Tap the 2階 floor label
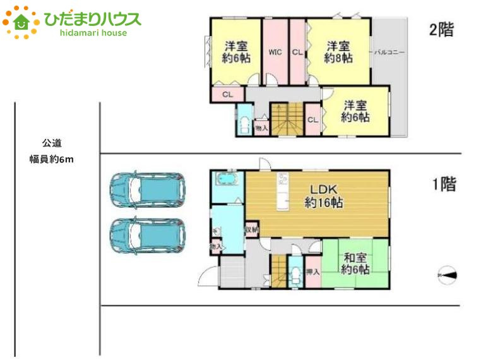click(441, 30)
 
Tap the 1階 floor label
click(443, 184)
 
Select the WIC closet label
click(275, 52)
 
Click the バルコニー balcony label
click(389, 52)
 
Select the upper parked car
click(146, 190)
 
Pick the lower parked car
click(146, 236)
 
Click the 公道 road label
click(52, 143)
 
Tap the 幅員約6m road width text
click(52, 159)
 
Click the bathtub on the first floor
click(225, 180)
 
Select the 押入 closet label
click(312, 272)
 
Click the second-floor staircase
click(287, 119)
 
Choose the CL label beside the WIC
click(297, 52)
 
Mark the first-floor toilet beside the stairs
click(295, 275)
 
